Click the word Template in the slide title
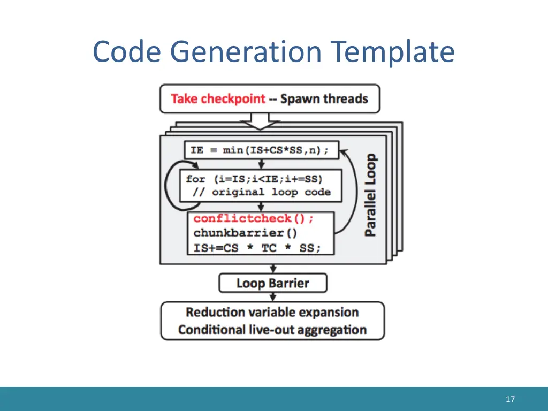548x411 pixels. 392,52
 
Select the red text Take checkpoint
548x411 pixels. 218,99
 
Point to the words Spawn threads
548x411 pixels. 324,99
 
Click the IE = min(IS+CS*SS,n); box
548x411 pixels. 261,150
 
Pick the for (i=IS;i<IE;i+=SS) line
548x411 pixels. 255,179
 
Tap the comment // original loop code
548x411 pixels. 258,192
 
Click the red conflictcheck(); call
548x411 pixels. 254,219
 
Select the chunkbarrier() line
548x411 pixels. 245,233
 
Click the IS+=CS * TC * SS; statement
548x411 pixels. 257,248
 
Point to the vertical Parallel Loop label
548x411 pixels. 370,195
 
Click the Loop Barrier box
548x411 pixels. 272,283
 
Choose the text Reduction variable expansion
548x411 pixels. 272,313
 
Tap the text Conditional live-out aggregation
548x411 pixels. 272,330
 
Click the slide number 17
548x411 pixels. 510,399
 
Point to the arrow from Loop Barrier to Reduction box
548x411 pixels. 272,297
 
